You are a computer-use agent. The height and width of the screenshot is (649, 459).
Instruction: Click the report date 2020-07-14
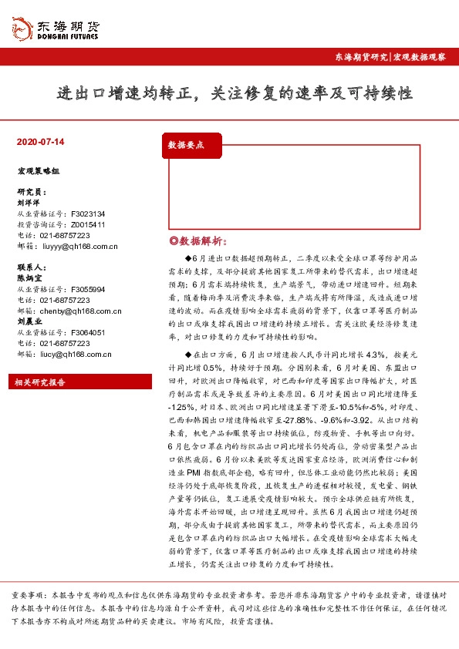point(40,142)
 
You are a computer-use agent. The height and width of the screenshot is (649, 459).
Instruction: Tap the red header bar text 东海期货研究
point(360,57)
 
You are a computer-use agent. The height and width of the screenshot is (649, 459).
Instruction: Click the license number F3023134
point(88,214)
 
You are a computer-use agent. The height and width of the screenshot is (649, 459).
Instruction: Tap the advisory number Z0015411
point(88,224)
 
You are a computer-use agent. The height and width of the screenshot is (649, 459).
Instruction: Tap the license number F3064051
point(88,332)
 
